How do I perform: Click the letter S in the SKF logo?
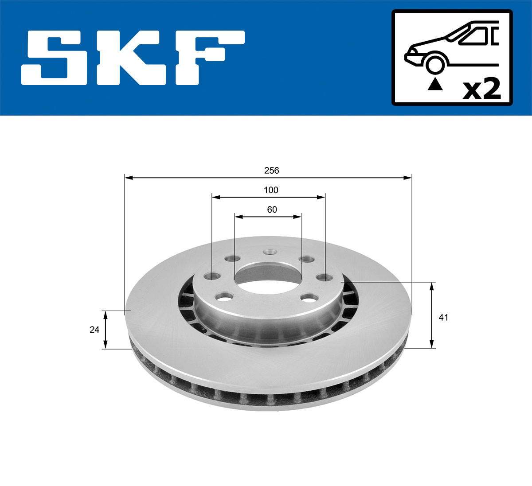pos(58,58)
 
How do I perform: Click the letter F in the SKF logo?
pos(208,58)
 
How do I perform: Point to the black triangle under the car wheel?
pos(435,84)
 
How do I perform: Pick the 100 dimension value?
pos(271,191)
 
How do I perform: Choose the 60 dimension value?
pos(272,210)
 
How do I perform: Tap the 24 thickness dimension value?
pos(94,330)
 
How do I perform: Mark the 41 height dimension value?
pos(443,318)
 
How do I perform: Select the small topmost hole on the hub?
pos(269,252)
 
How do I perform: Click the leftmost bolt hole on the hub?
pos(212,276)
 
